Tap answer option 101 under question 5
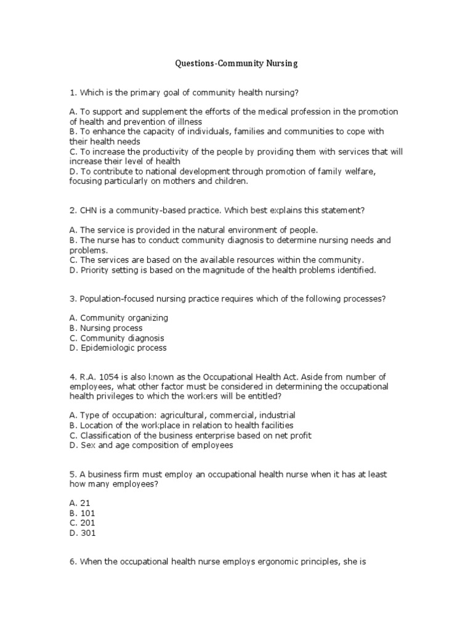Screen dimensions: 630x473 83,512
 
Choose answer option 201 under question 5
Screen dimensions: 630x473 83,523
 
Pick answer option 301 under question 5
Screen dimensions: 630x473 83,533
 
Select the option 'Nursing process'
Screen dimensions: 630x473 106,328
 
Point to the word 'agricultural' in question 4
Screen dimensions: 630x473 199,415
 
